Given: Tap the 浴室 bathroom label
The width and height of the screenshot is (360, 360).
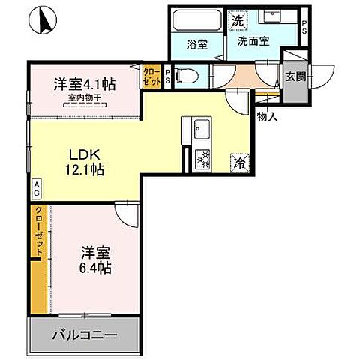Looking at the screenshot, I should (198, 45).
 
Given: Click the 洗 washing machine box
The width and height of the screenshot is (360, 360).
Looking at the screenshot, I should (237, 19).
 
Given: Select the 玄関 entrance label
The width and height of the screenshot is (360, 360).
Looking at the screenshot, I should (294, 75).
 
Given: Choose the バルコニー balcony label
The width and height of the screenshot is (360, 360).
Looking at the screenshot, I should (84, 334).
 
